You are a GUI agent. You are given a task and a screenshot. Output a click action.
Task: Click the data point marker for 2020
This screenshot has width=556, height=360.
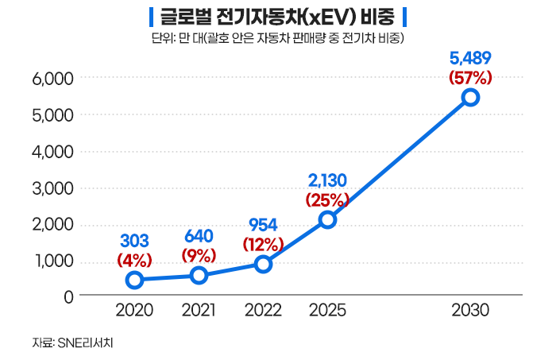(135, 279)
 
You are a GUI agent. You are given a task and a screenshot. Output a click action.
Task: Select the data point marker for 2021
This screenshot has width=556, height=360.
(199, 275)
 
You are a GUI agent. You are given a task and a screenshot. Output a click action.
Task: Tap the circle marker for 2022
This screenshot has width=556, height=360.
(264, 263)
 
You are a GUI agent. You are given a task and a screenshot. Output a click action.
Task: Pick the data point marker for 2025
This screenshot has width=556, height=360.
(327, 219)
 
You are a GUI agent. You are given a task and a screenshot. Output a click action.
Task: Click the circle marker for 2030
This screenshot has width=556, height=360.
(470, 97)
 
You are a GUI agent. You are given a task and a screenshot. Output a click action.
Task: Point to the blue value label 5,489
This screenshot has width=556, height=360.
(470, 58)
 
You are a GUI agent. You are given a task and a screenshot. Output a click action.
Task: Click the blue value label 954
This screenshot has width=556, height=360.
(264, 223)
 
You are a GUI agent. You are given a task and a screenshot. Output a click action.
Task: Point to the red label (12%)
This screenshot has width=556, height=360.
(264, 242)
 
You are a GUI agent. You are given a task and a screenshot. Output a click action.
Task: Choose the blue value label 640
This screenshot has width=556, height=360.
(199, 236)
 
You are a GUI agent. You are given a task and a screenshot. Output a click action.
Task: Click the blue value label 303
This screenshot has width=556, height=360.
(135, 240)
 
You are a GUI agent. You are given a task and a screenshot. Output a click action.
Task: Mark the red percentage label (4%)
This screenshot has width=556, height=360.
(135, 259)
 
